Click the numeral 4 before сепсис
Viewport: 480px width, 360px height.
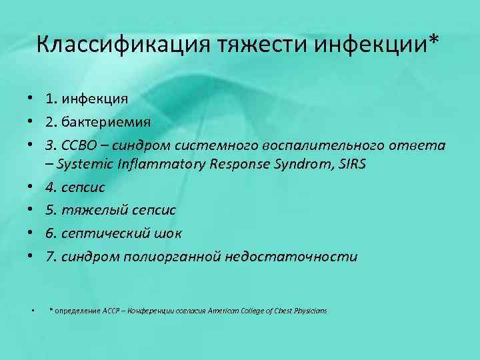(x=50, y=187)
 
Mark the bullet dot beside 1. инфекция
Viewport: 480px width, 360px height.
(x=31, y=99)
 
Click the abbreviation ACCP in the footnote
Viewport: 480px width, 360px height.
(x=112, y=311)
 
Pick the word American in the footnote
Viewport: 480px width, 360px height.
(x=226, y=311)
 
